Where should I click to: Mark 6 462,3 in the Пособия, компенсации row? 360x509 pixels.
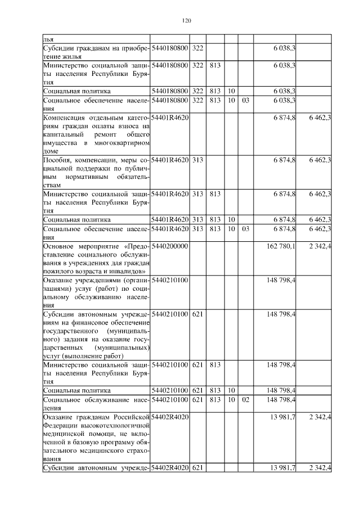tap(319, 161)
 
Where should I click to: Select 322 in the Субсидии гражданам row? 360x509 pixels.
tap(197, 48)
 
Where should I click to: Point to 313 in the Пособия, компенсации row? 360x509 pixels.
tap(197, 161)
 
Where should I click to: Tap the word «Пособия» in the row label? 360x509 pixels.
tap(57, 161)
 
